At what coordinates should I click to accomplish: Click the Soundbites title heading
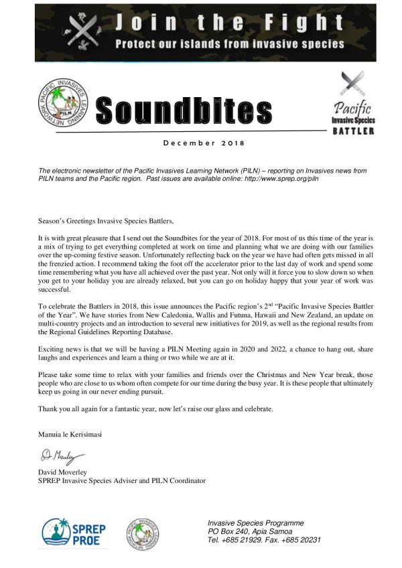point(184,110)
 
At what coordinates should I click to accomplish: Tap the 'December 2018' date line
point(204,143)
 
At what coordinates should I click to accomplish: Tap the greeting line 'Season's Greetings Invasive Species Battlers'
point(111,218)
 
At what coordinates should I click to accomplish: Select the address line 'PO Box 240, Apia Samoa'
point(255,531)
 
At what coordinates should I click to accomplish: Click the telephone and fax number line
point(264,540)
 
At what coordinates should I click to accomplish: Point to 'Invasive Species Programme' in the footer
point(255,522)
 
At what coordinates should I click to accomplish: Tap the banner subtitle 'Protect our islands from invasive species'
point(230,44)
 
